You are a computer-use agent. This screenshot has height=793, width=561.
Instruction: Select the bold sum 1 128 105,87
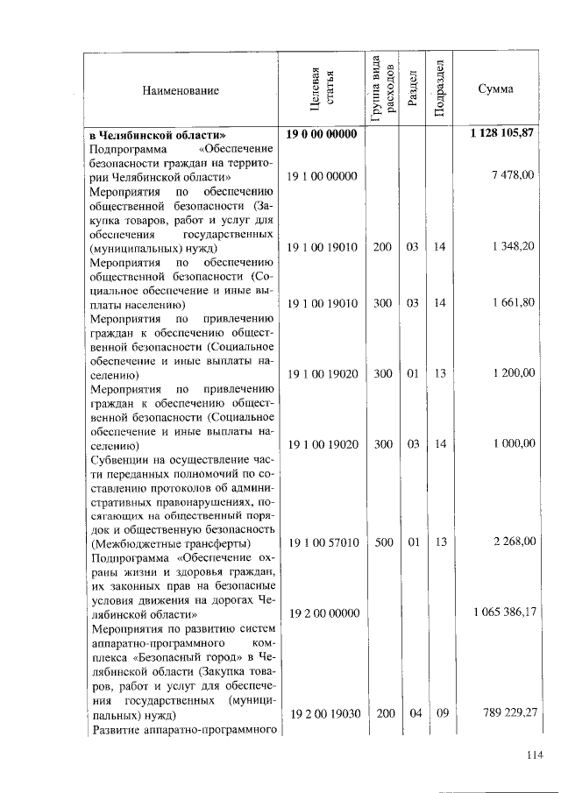pyautogui.click(x=502, y=133)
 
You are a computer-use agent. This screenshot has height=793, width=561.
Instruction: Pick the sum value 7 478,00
pyautogui.click(x=515, y=176)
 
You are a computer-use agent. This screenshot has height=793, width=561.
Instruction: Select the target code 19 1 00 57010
pyautogui.click(x=323, y=542)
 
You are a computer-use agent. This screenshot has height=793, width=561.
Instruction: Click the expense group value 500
pyautogui.click(x=383, y=542)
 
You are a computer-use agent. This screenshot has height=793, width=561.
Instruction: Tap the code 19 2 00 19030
pyautogui.click(x=323, y=712)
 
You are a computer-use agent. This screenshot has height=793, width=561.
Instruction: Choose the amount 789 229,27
pyautogui.click(x=508, y=712)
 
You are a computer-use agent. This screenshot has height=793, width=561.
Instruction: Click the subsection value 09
pyautogui.click(x=441, y=712)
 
